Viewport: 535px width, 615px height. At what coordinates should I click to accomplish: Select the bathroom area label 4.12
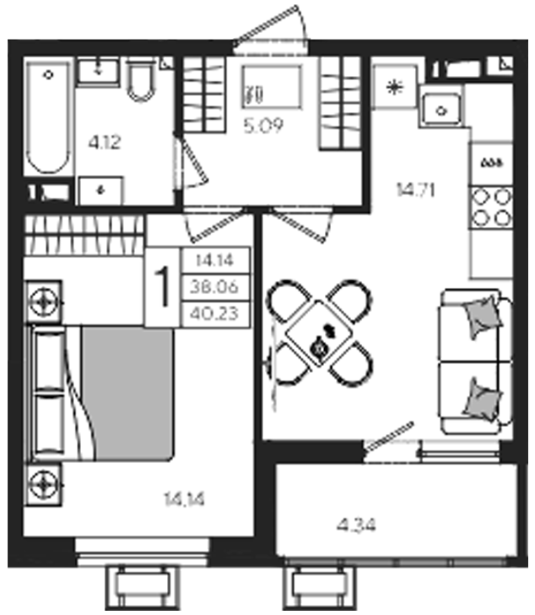pos(105,142)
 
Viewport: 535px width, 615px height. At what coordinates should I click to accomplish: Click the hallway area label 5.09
pos(263,126)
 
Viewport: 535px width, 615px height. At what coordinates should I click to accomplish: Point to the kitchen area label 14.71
pos(415,190)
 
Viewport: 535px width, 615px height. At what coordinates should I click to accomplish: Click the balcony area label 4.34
pos(356,525)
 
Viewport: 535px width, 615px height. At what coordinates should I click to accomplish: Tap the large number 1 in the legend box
pos(162,287)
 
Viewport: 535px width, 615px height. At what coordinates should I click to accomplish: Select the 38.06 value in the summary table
pos(214,287)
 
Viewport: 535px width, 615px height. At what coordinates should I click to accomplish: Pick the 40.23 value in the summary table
pos(214,313)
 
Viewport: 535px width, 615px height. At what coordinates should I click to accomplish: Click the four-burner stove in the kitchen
pos(492,208)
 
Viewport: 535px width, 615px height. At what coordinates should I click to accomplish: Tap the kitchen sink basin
pos(441,110)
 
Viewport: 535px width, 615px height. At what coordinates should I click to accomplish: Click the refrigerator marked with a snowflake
pos(394,87)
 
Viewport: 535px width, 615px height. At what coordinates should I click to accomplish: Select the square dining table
pos(319,333)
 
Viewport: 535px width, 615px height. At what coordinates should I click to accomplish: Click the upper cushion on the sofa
pos(483,317)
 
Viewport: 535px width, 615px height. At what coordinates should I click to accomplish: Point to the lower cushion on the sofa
pos(483,400)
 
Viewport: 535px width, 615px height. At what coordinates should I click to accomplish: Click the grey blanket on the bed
pos(127,393)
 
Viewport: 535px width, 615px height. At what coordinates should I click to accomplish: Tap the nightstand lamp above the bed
pos(44,302)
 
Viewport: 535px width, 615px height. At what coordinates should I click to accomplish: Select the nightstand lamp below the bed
pos(44,485)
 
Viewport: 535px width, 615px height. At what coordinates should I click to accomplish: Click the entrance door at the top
pos(269,29)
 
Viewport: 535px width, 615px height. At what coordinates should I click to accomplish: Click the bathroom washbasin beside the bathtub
pos(98,71)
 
